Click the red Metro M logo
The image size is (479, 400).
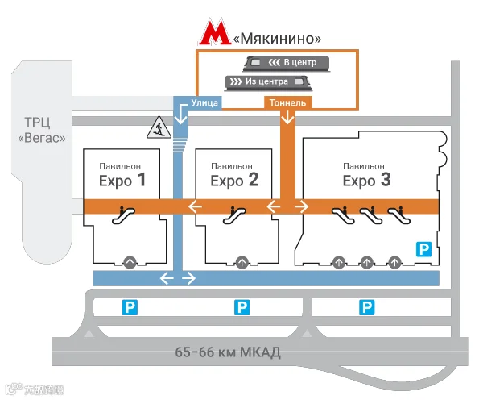[x=216, y=32]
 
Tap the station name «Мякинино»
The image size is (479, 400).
[x=278, y=39]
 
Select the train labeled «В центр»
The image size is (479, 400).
[x=286, y=64]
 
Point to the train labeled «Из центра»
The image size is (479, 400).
[x=268, y=82]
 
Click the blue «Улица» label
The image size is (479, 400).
[x=204, y=102]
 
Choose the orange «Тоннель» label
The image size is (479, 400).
[x=287, y=103]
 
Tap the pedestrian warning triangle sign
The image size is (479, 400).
[x=159, y=127]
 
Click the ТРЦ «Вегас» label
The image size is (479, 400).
[x=41, y=130]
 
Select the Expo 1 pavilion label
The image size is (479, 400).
[x=122, y=176]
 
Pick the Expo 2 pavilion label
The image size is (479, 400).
[x=234, y=176]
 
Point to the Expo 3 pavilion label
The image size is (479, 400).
[x=366, y=176]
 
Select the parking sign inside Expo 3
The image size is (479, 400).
[x=424, y=249]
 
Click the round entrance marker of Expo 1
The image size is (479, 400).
[x=130, y=263]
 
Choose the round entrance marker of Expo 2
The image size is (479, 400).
[x=242, y=263]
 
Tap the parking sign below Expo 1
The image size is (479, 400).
[x=130, y=307]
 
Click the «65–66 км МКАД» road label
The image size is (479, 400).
[x=228, y=352]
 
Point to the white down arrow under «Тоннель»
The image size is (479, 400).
[x=287, y=118]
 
